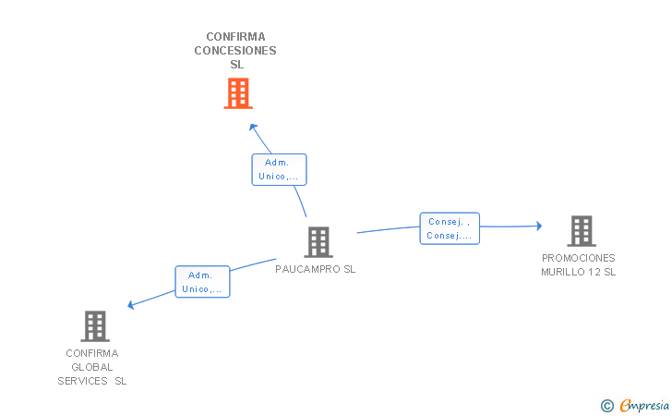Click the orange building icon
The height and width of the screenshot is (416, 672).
(x=238, y=93)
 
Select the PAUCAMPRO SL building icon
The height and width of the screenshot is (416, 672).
(x=318, y=242)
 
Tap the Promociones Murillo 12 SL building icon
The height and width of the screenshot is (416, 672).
(x=582, y=231)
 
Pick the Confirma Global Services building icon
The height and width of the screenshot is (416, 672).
(x=95, y=326)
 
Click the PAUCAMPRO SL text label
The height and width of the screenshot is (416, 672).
(x=316, y=269)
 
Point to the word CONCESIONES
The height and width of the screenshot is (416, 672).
(x=235, y=51)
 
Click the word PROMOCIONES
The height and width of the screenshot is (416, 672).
(x=579, y=258)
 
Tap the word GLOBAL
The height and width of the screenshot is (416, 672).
(x=92, y=367)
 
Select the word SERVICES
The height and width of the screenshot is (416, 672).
(x=83, y=381)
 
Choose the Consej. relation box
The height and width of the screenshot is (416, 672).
(x=450, y=228)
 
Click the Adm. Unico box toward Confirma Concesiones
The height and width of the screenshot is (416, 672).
(x=279, y=169)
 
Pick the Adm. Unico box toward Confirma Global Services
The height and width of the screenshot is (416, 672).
(x=202, y=282)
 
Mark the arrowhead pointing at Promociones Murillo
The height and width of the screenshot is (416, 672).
(x=539, y=226)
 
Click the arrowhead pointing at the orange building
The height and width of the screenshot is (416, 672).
(x=253, y=127)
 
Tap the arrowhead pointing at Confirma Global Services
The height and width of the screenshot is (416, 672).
(x=131, y=305)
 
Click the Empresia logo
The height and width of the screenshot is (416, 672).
(x=644, y=405)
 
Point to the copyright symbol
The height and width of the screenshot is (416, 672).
(x=607, y=406)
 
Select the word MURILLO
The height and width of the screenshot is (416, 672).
(x=562, y=272)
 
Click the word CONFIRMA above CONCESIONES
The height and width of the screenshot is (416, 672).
(x=235, y=37)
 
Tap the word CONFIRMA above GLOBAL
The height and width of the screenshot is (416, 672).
(x=92, y=353)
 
